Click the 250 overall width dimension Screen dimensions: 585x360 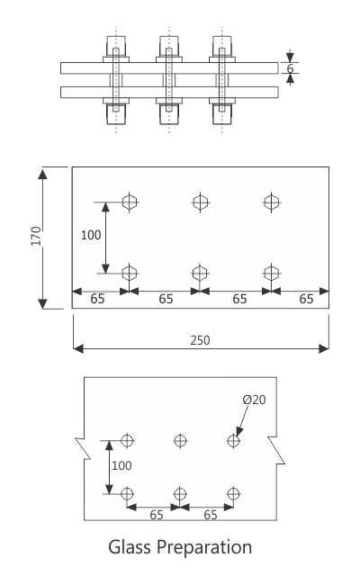click(200, 339)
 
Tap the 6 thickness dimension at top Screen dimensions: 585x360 click(290, 68)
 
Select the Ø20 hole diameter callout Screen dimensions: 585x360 click(254, 400)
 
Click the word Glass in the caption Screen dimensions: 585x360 click(130, 546)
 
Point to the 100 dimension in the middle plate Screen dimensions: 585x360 click(91, 236)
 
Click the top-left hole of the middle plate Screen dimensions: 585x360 click(130, 202)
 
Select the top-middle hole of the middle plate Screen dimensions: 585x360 click(200, 202)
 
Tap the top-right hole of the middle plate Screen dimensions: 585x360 click(270, 202)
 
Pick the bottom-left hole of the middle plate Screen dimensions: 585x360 click(130, 272)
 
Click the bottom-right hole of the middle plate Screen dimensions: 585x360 click(270, 272)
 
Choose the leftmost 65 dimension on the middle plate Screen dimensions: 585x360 click(97, 299)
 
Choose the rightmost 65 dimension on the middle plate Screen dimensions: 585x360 click(306, 299)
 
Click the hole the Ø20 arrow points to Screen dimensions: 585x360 click(234, 441)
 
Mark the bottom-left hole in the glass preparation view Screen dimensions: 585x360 click(127, 493)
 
